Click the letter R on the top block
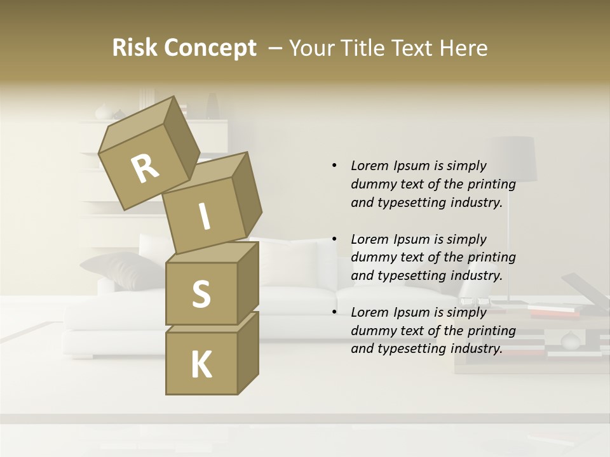click(x=145, y=169)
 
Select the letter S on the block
click(x=201, y=294)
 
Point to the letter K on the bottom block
click(x=201, y=365)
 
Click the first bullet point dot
click(x=334, y=166)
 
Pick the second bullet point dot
click(x=334, y=239)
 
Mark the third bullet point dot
click(x=334, y=312)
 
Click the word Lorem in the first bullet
click(x=369, y=166)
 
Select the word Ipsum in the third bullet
click(x=414, y=312)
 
